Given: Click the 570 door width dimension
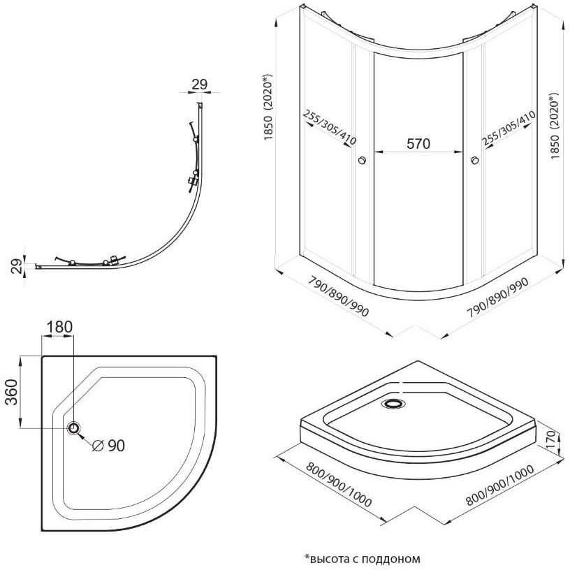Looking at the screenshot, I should pos(418,143).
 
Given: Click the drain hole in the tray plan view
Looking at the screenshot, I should pos(74,427).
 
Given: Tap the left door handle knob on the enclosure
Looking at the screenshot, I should pos(362,161).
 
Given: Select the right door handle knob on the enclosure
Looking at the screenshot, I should pos(475,161).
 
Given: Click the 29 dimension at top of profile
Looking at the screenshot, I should pos(199,85).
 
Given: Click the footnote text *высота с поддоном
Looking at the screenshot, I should pos(363,558).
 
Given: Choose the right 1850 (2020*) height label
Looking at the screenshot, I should pos(555,123).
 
